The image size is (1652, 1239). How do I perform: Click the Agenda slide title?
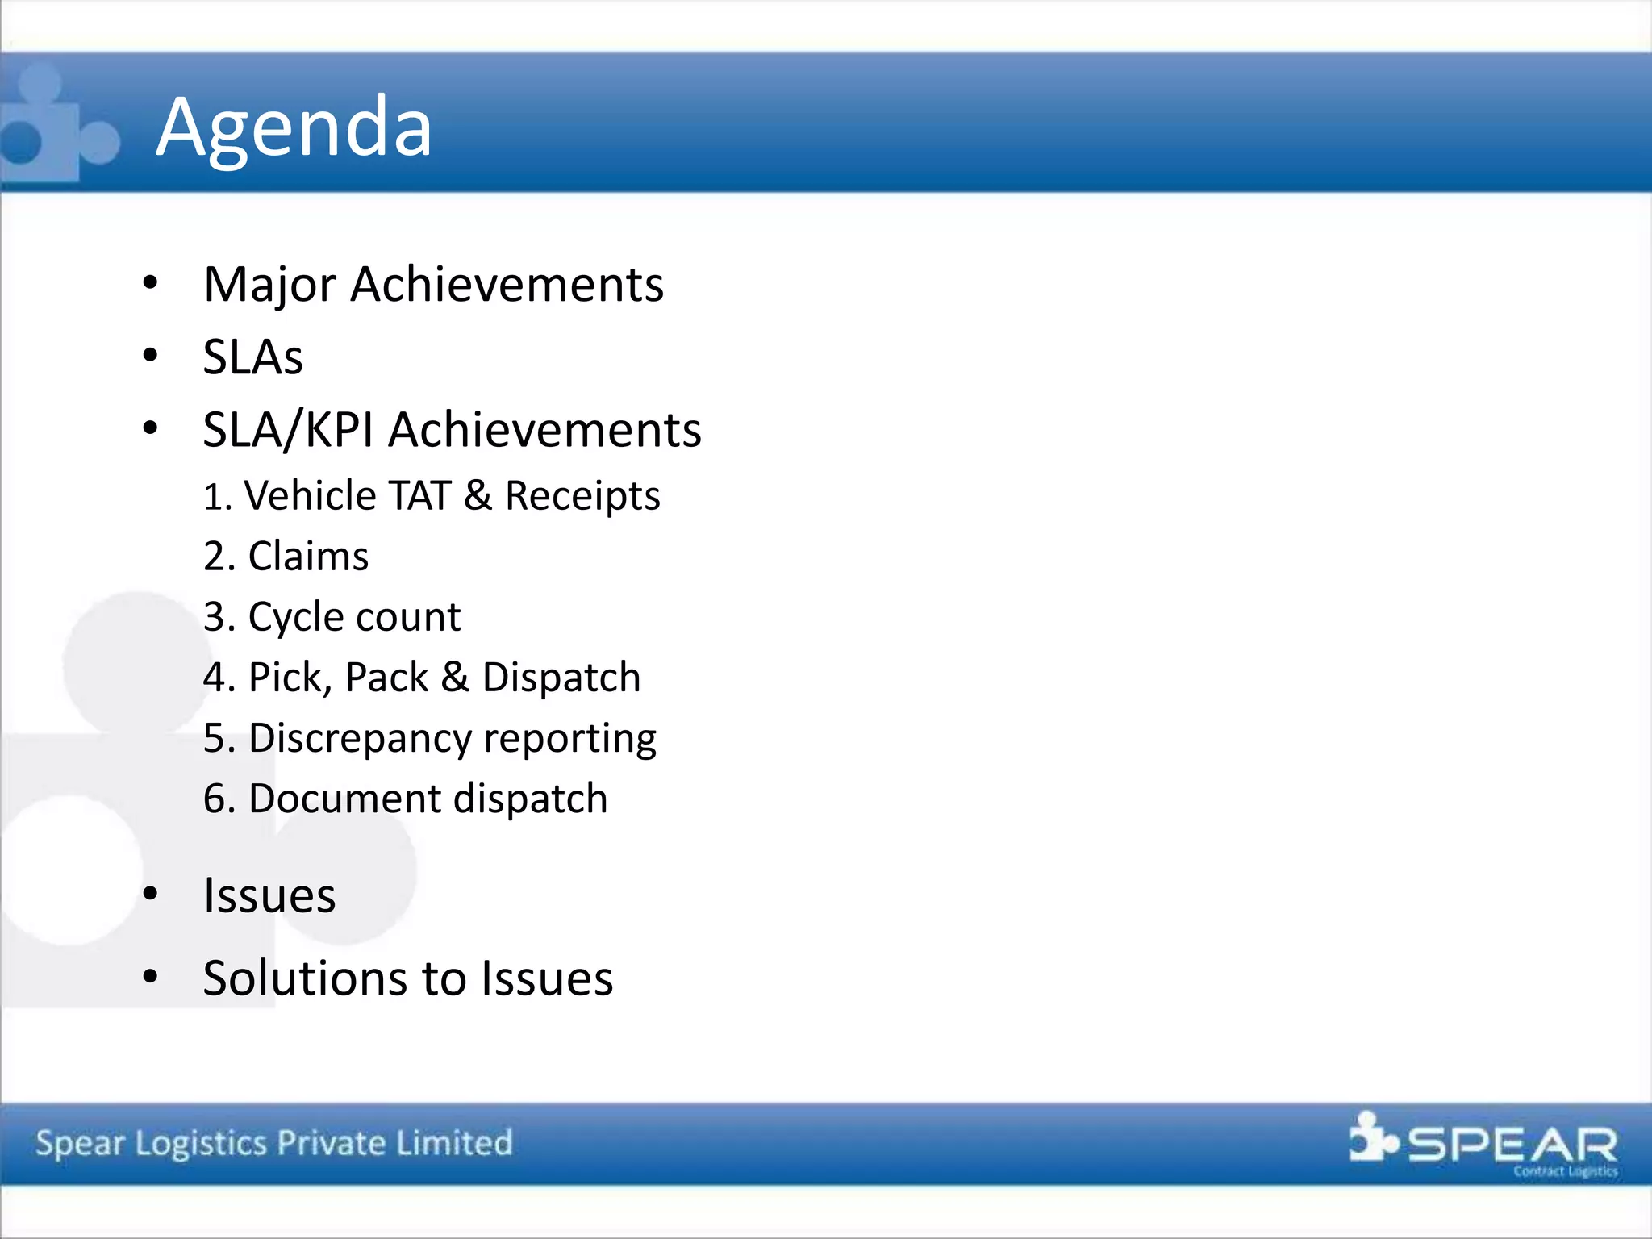click(294, 127)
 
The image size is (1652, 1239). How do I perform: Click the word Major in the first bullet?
click(269, 285)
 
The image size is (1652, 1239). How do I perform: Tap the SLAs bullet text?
click(252, 357)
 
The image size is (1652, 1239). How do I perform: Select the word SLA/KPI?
click(288, 429)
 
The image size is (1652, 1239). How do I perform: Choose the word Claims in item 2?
click(308, 556)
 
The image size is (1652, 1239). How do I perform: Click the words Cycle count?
click(354, 617)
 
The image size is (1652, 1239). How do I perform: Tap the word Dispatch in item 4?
click(561, 678)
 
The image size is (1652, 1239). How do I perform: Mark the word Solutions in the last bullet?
click(304, 978)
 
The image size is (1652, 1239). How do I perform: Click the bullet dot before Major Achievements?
click(150, 283)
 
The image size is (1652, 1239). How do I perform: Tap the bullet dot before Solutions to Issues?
click(150, 977)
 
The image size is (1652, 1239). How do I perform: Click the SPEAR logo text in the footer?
click(1512, 1144)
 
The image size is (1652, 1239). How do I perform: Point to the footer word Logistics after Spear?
click(201, 1144)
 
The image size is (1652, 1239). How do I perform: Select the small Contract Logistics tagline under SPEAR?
click(1565, 1171)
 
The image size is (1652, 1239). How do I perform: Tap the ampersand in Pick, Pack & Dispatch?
click(455, 678)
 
